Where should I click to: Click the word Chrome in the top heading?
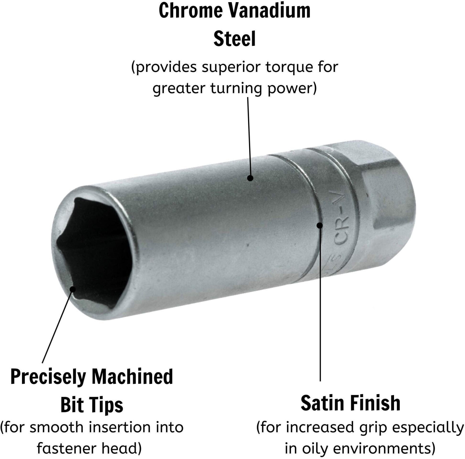point(191,10)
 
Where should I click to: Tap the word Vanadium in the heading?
point(270,10)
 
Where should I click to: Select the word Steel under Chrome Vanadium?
point(235,38)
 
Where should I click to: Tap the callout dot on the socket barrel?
point(250,178)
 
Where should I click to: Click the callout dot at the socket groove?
point(320,225)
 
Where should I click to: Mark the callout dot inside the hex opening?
point(73,289)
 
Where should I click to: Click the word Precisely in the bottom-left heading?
point(48,377)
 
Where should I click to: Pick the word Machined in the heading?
point(132,376)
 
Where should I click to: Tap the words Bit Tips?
point(92,405)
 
